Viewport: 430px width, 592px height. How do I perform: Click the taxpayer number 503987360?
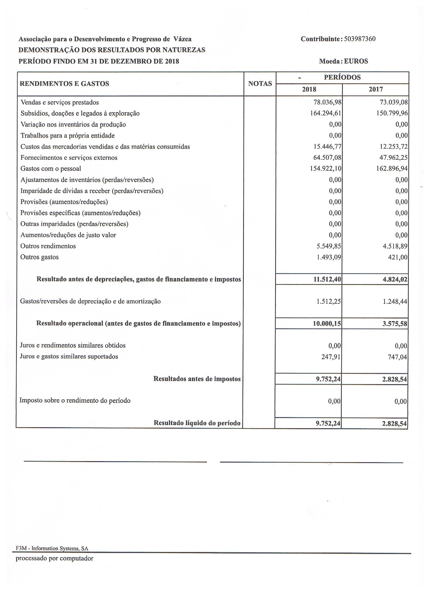tap(360, 39)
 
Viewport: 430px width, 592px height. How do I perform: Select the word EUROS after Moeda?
tap(356, 61)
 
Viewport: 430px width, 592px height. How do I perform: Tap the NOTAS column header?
tap(260, 84)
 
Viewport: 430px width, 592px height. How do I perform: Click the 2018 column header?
tap(309, 90)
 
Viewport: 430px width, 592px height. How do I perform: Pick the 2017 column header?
tap(376, 90)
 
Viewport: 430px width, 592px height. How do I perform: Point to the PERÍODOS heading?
tap(342, 77)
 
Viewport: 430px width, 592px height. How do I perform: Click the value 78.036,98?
tap(327, 102)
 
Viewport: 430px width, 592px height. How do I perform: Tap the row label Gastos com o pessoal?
tap(51, 169)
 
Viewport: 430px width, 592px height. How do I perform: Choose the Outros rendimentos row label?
tap(48, 246)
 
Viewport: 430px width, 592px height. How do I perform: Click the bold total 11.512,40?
tap(327, 280)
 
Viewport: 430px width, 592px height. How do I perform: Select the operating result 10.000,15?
tap(327, 324)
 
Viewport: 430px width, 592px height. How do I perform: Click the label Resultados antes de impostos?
tap(197, 379)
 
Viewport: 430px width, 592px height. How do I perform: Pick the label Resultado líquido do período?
tap(197, 423)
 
